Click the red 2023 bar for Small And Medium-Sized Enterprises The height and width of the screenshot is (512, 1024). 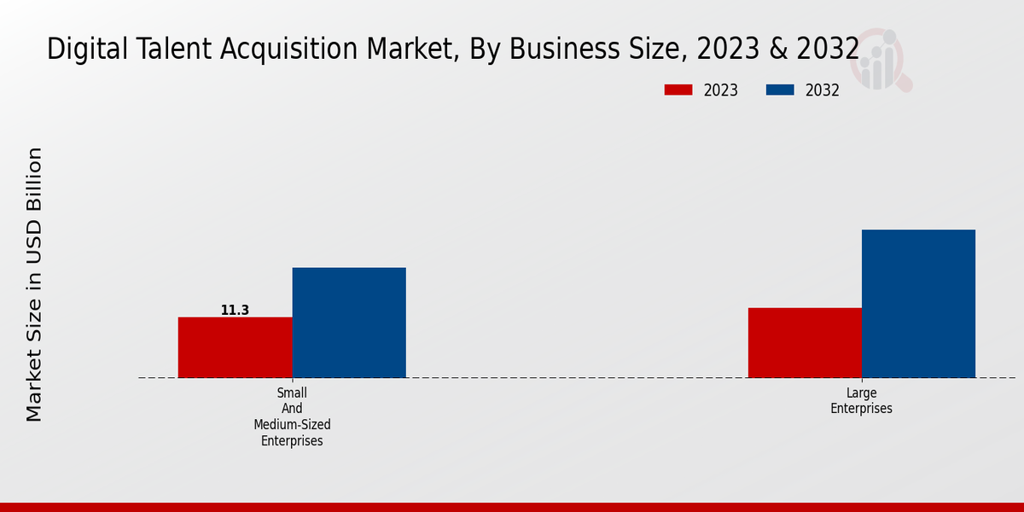(x=235, y=347)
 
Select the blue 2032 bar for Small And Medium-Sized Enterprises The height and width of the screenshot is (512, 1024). (x=349, y=323)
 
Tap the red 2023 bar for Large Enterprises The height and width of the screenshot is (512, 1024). (x=805, y=342)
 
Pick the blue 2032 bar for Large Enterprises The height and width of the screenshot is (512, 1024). (x=918, y=304)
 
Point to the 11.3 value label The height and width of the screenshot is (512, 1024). (x=235, y=311)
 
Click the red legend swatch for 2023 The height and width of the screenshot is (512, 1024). (x=678, y=90)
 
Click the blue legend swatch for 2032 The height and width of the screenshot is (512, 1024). (x=780, y=90)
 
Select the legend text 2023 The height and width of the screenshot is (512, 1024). (x=721, y=90)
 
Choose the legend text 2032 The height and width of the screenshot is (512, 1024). (x=823, y=90)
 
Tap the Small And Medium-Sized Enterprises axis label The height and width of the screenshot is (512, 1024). (x=292, y=416)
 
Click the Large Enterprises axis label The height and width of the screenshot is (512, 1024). (x=861, y=400)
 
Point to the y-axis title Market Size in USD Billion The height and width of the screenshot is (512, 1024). (x=34, y=284)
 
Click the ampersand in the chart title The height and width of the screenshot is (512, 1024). (x=780, y=49)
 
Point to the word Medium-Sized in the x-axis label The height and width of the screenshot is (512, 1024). (x=292, y=424)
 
